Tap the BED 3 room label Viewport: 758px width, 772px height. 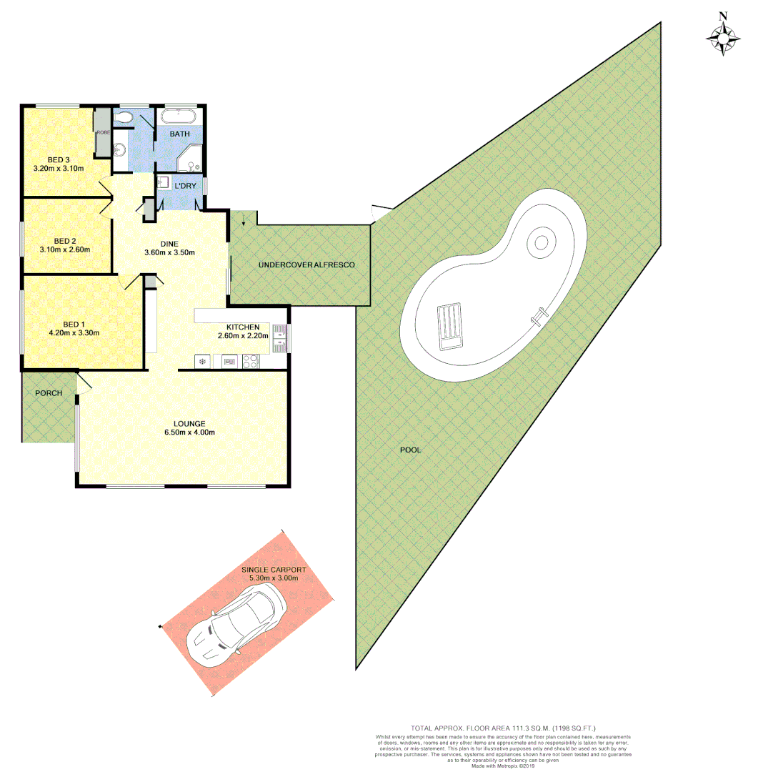59,159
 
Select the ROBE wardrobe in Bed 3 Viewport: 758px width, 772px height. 102,132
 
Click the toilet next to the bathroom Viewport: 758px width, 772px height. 125,117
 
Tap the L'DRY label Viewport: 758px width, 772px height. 186,186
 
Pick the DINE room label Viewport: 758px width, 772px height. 169,244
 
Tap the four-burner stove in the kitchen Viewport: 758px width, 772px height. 251,362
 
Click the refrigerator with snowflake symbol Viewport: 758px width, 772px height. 202,362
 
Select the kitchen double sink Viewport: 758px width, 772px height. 279,338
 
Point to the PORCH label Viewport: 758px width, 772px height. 49,393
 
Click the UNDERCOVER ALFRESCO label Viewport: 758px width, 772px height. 306,265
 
